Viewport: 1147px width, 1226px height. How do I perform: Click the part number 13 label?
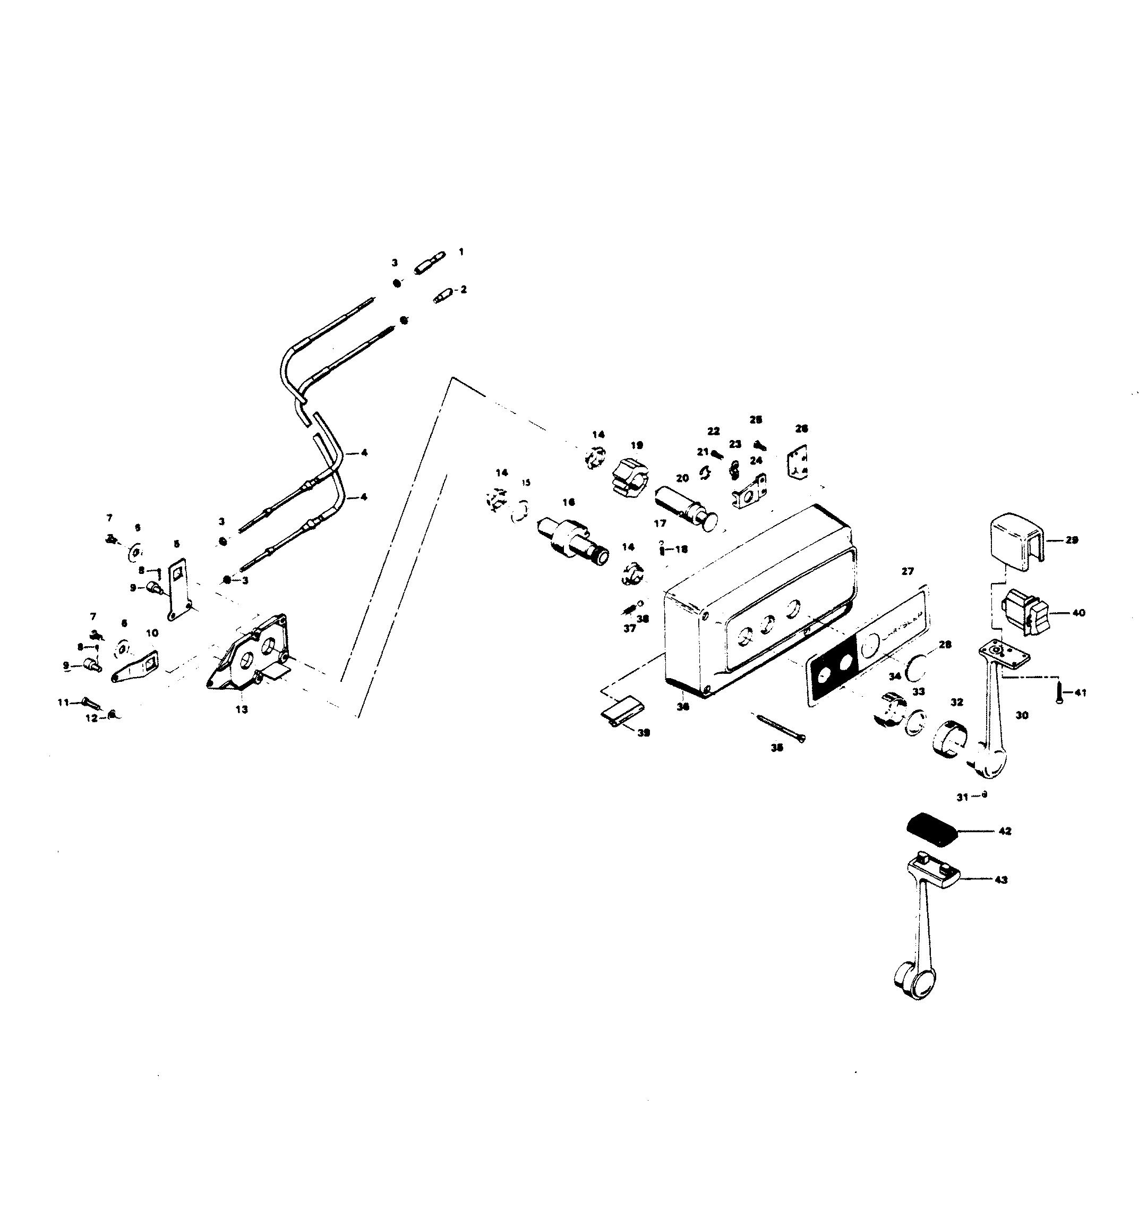tap(242, 709)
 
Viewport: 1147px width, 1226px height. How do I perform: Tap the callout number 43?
tap(1001, 880)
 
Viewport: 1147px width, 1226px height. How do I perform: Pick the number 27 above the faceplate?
tap(908, 571)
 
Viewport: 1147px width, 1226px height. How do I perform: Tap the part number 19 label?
tap(637, 445)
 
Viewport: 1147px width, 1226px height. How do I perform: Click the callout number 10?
tap(152, 633)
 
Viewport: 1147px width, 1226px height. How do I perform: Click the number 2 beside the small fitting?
tap(464, 289)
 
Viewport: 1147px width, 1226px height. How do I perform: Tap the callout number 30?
tap(1022, 715)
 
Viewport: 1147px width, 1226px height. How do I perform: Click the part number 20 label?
tap(682, 478)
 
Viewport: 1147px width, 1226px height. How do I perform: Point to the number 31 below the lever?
tap(962, 797)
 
